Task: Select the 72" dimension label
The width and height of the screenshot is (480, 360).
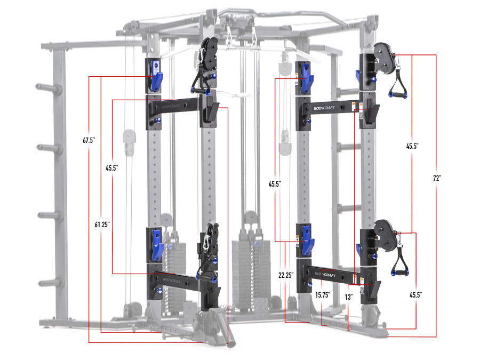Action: click(x=437, y=178)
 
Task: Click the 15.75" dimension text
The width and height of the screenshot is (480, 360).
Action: click(x=322, y=294)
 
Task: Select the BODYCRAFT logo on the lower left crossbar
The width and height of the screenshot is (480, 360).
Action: click(x=170, y=281)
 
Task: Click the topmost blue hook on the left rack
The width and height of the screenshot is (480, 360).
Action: click(x=155, y=75)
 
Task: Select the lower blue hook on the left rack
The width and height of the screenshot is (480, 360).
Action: click(x=156, y=244)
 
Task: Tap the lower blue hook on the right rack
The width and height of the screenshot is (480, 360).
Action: click(x=307, y=240)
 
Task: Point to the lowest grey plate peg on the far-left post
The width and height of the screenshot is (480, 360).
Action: click(x=42, y=283)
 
